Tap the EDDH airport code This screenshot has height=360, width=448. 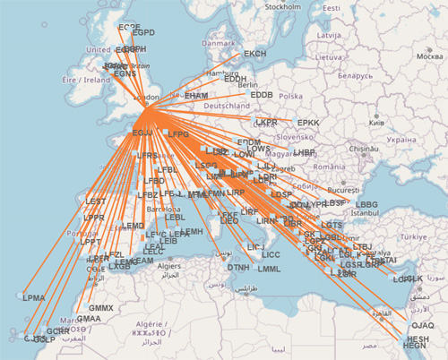(236, 79)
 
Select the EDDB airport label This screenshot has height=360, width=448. (262, 94)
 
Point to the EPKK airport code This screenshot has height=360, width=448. (308, 123)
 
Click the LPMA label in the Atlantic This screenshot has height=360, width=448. (34, 297)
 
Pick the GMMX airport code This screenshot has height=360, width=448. (102, 308)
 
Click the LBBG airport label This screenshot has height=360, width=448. (367, 204)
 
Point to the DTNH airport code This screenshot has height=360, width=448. (238, 267)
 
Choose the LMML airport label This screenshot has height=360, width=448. (269, 269)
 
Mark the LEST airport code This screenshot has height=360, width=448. (95, 202)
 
